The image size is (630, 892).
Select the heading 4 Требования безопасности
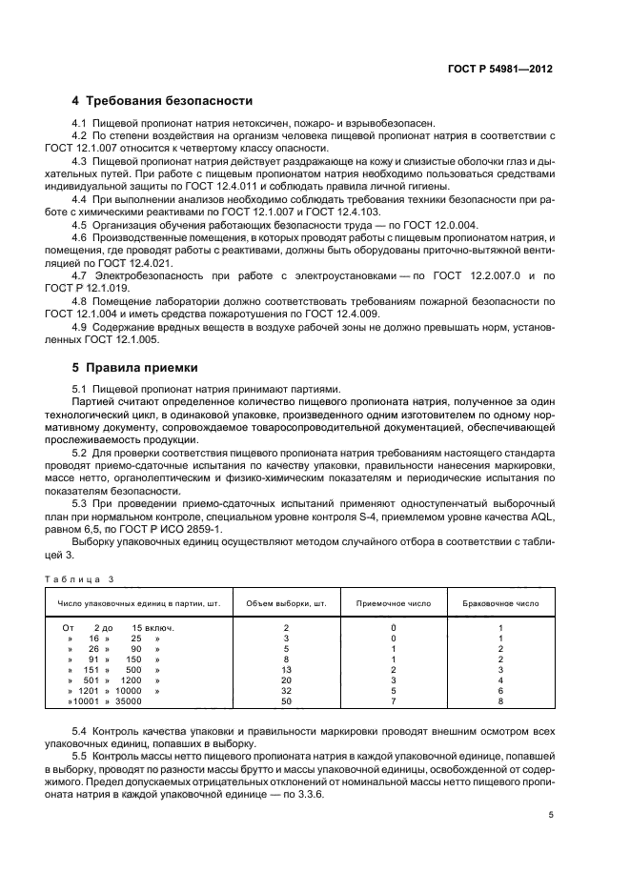click(x=162, y=100)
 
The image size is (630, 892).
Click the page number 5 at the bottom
click(x=551, y=815)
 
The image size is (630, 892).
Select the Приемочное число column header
click(x=393, y=603)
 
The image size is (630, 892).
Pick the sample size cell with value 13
click(x=286, y=670)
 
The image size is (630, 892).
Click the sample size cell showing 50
click(x=286, y=701)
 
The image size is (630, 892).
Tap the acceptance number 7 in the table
click(x=393, y=701)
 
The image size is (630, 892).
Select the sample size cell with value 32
click(x=286, y=691)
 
